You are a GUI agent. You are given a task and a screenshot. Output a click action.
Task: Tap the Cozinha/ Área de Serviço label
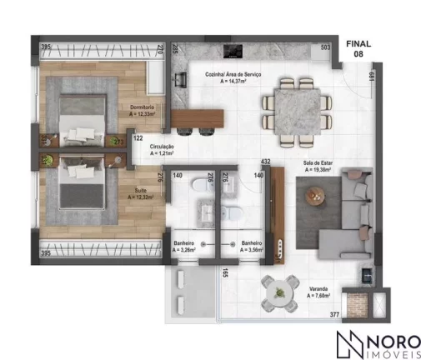click(x=234, y=77)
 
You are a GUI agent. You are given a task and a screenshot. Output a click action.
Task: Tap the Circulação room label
click(x=162, y=150)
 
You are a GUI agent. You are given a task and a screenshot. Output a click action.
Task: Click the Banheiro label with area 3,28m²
click(x=183, y=246)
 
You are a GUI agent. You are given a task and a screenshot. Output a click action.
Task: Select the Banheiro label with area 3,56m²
click(x=252, y=246)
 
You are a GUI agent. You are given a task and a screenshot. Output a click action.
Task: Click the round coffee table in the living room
click(x=314, y=197)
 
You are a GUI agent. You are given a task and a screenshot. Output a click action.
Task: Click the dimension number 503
click(x=326, y=48)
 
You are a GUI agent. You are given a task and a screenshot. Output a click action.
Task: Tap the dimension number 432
click(x=267, y=161)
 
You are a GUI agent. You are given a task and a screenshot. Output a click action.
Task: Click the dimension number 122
click(x=138, y=138)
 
